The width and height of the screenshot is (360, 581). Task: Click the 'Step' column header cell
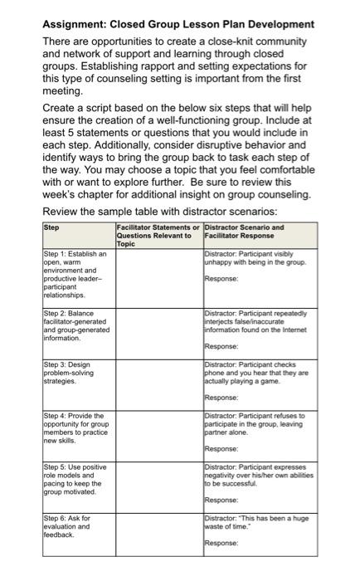(x=51, y=227)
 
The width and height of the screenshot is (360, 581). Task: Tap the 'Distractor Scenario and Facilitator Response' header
(x=244, y=231)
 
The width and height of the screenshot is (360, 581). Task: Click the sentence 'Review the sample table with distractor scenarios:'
(x=158, y=210)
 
